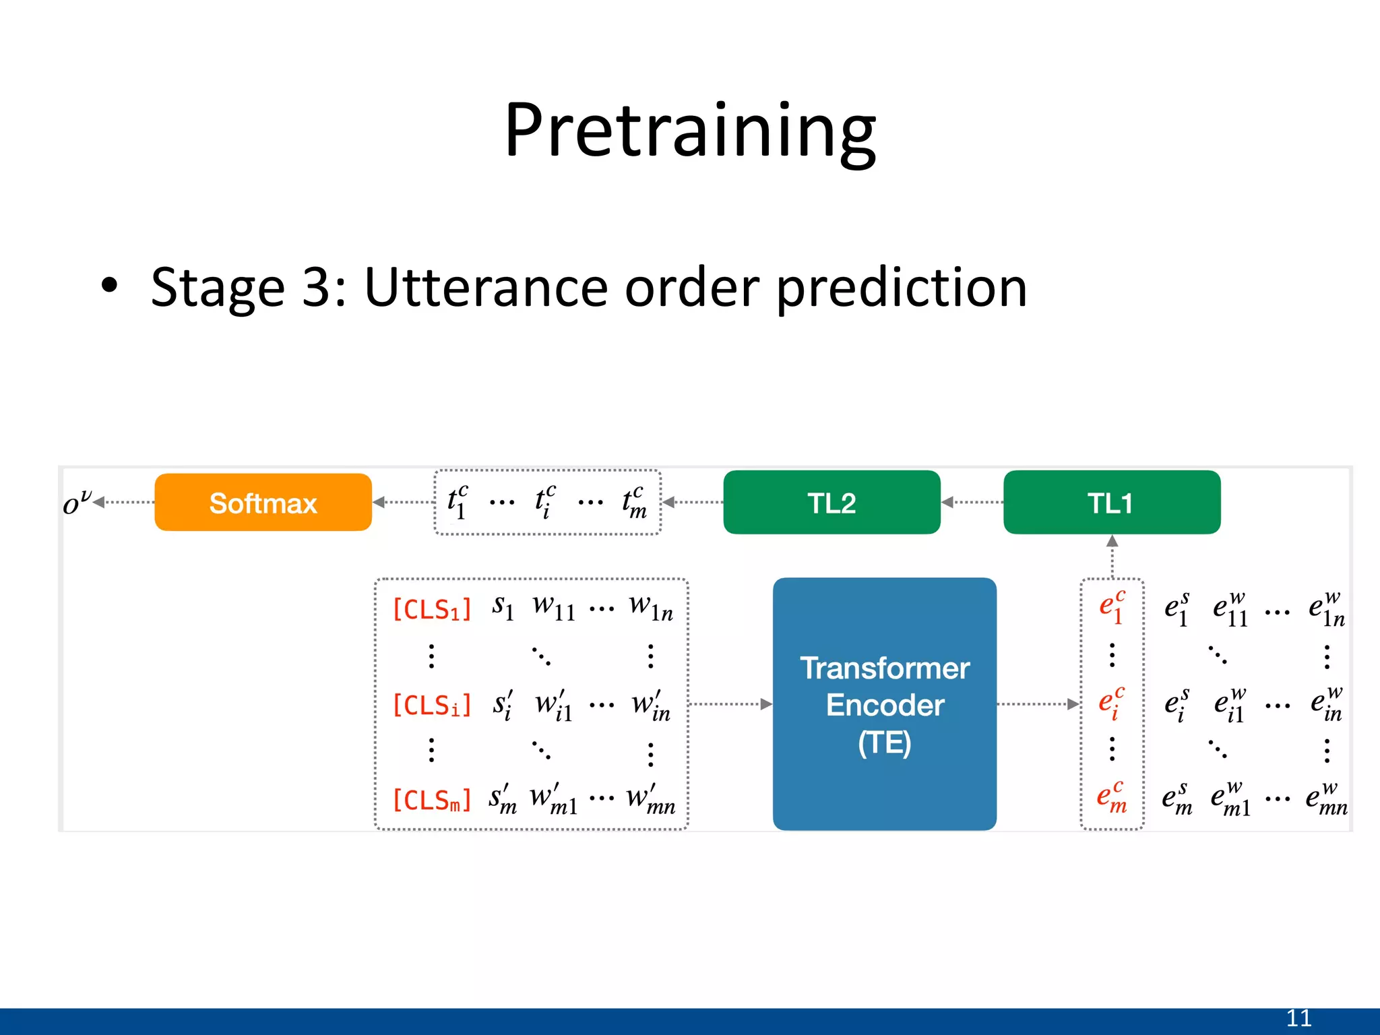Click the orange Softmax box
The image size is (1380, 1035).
(x=263, y=503)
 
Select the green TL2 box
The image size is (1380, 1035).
(x=831, y=503)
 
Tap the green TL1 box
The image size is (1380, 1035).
(x=1111, y=503)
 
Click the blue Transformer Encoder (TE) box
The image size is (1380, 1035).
(x=884, y=704)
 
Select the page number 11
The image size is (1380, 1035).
(x=1298, y=1018)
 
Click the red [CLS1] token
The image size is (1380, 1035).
(x=431, y=610)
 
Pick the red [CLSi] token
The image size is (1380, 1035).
(x=431, y=705)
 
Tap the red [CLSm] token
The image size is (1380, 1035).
(x=431, y=801)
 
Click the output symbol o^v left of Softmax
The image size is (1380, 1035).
(x=75, y=503)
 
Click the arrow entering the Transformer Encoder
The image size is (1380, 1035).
(x=731, y=704)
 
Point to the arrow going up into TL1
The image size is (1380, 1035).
(x=1112, y=556)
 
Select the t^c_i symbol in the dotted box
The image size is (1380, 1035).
(x=545, y=503)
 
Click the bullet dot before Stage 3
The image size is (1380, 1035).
(x=109, y=286)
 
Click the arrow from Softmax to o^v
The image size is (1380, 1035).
(x=125, y=503)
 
